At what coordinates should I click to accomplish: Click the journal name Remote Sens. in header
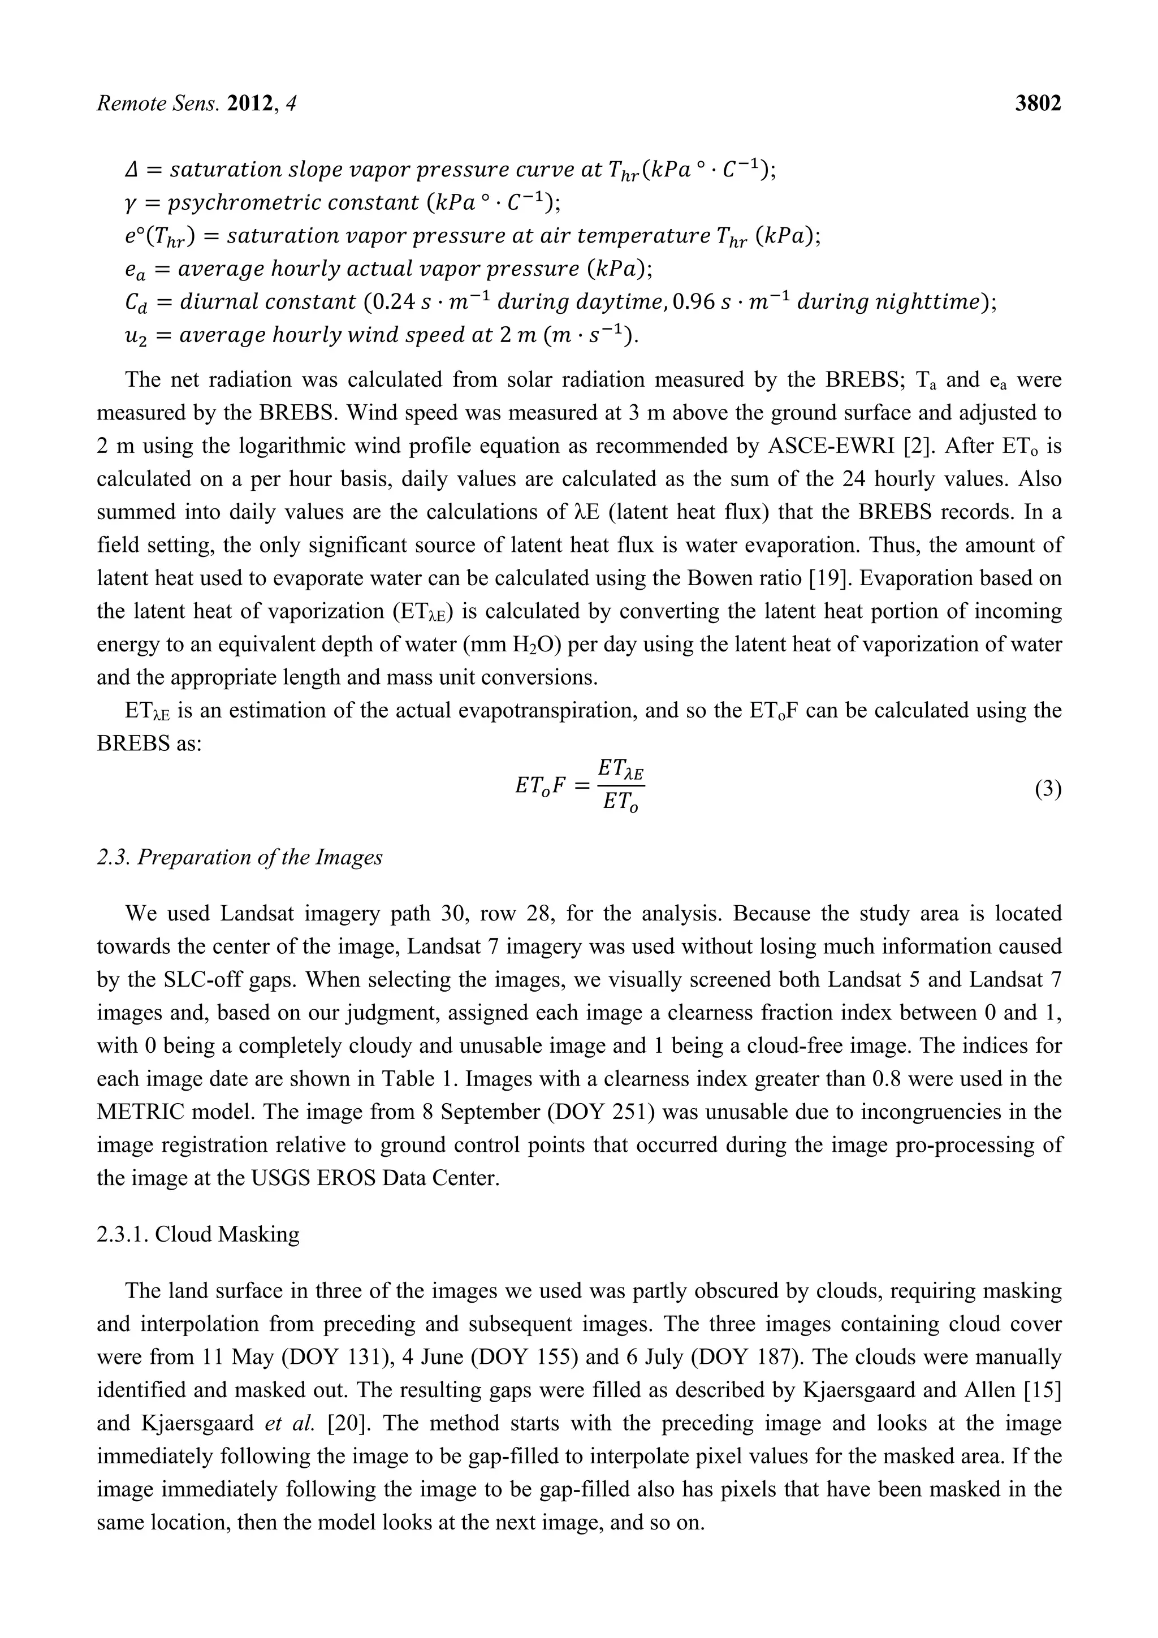coord(158,104)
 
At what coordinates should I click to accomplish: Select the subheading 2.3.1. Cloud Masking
coord(198,1234)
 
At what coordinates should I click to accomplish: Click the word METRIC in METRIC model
coord(133,1112)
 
